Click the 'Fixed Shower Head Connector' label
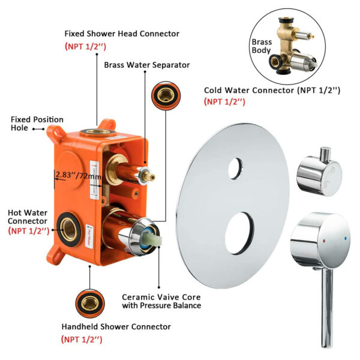[x=122, y=34]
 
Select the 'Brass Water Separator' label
[x=147, y=65]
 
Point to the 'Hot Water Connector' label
[x=28, y=217]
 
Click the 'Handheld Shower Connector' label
[x=116, y=326]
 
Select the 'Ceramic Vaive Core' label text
[x=161, y=297]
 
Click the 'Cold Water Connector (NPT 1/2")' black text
[x=272, y=91]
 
